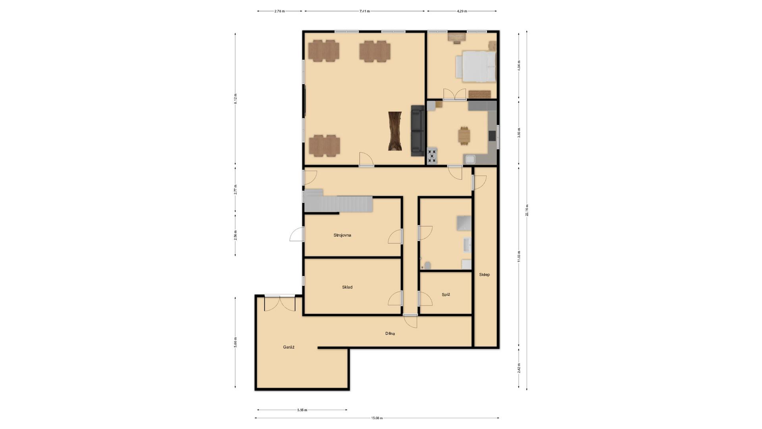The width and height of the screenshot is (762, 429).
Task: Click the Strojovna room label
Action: [342, 235]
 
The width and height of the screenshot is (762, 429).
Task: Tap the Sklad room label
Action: [347, 287]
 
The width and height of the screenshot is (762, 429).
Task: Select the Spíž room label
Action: [446, 295]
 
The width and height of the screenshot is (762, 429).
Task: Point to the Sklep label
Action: [484, 274]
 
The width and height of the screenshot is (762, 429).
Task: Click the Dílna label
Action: [390, 334]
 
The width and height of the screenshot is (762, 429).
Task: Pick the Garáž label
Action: [289, 347]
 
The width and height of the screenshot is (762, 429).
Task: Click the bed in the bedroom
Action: [475, 66]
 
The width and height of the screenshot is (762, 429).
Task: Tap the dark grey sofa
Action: [418, 131]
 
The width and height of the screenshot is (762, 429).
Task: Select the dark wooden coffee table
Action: [395, 131]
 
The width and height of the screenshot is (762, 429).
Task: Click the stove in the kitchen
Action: [432, 155]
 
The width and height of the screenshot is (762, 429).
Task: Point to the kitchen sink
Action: [470, 160]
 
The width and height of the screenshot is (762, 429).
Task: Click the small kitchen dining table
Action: [464, 136]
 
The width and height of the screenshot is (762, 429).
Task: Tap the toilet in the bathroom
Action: [427, 265]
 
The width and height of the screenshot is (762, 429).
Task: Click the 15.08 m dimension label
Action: [377, 418]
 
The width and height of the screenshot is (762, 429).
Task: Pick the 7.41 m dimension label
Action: [365, 11]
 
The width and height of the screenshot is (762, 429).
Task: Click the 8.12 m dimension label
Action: [235, 99]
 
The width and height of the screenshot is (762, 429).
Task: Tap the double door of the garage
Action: [280, 303]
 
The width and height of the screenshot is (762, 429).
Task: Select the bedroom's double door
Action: [454, 94]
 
